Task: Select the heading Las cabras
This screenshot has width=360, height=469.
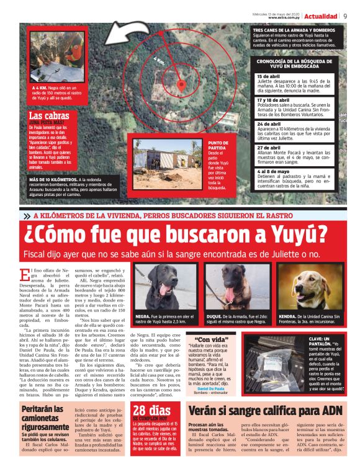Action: (x=49, y=116)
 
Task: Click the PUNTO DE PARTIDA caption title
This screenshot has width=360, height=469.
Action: (x=217, y=146)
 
